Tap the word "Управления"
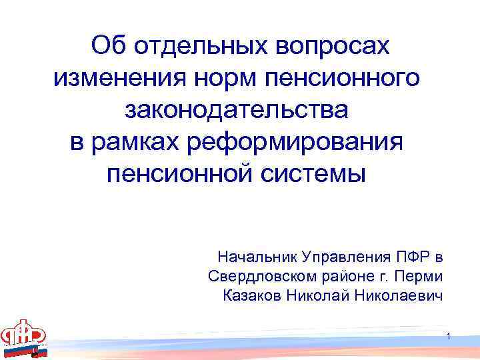pyautogui.click(x=339, y=257)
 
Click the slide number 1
pyautogui.click(x=451, y=335)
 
